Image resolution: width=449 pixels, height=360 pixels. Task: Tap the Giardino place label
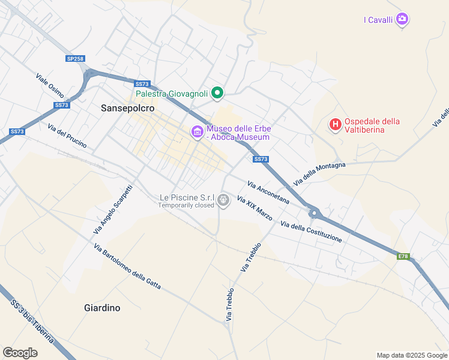pos(101,308)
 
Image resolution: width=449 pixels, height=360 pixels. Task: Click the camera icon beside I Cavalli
pos(402,19)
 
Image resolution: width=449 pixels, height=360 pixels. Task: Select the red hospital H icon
pos(336,125)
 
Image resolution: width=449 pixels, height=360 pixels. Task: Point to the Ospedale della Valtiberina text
pos(372,125)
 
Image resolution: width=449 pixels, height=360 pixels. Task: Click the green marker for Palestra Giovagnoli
pos(218,93)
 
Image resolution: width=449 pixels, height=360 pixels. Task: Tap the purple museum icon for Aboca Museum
pos(197,132)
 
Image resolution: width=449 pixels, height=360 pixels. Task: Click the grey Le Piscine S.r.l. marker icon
pos(223,200)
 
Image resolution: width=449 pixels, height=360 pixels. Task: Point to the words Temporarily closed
pos(186,205)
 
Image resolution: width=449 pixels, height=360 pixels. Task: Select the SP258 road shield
pos(76,59)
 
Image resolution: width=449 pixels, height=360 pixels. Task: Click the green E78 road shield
pos(403,256)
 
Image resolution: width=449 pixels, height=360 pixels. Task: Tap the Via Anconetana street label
pos(268,191)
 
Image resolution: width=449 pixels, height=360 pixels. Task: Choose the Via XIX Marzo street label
pos(255,208)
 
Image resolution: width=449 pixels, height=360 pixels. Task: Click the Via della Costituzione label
pos(311,232)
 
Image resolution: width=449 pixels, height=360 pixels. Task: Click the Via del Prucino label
pos(67,136)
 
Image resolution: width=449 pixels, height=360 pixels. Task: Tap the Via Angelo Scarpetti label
pos(113,209)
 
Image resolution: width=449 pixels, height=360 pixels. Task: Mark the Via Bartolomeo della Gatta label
pos(127,266)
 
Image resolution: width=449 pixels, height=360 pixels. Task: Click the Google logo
pos(20,353)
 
